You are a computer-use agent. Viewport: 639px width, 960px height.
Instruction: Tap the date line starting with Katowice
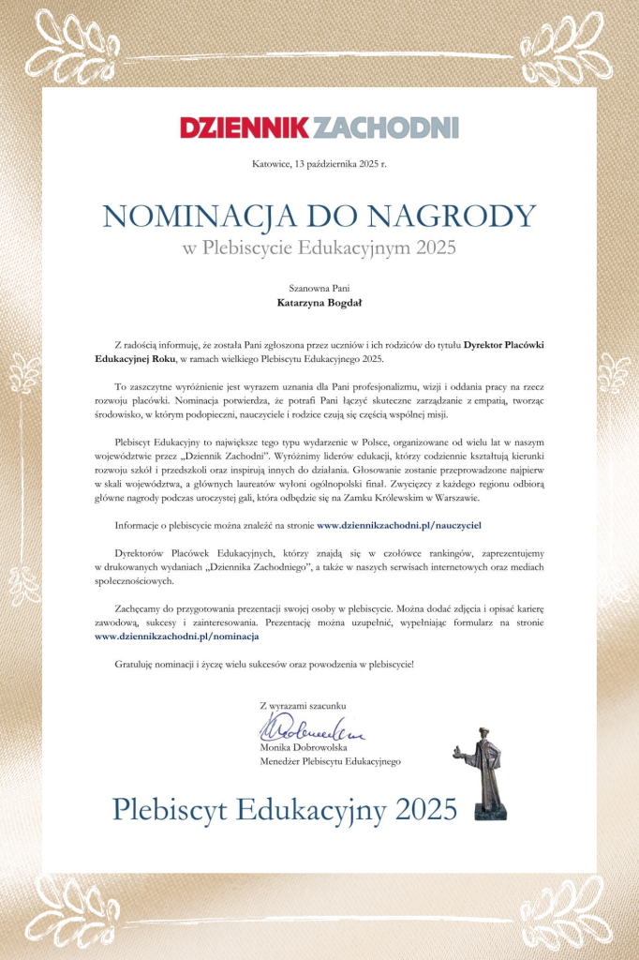319,164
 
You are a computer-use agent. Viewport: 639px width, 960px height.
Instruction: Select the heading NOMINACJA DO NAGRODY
319,216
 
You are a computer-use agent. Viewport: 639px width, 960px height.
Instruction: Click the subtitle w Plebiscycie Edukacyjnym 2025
319,247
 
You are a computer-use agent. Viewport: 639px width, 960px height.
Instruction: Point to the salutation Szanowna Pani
319,289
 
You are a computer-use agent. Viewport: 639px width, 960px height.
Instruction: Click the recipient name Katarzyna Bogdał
319,303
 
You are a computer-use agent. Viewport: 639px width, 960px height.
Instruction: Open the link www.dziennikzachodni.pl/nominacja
177,636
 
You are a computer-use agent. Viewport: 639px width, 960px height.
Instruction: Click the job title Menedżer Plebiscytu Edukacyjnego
330,761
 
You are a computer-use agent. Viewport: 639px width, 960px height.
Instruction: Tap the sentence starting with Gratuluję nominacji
263,664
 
